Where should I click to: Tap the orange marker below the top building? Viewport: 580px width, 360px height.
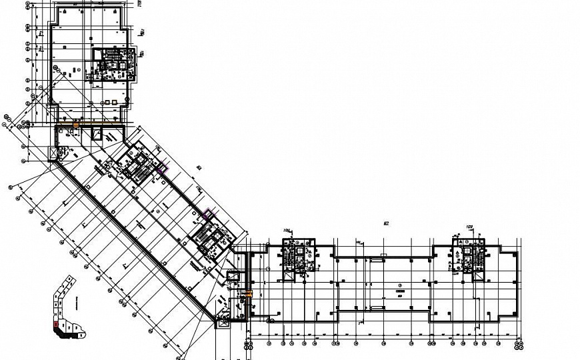click(76, 125)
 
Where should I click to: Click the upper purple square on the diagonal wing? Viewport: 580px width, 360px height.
click(161, 168)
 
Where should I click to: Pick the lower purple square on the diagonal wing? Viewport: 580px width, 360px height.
click(207, 214)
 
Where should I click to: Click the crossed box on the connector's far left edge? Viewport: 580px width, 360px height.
click(53, 153)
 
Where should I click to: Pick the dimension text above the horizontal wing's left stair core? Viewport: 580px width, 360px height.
click(289, 231)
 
